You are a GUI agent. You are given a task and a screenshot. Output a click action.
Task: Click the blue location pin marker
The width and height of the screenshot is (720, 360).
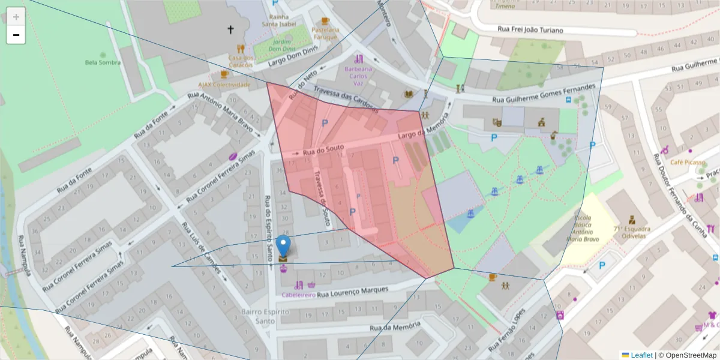283,247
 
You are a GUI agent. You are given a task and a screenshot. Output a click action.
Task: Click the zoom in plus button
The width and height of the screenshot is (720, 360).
16,16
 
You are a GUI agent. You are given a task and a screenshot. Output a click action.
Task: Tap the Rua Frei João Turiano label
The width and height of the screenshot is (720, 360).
530,29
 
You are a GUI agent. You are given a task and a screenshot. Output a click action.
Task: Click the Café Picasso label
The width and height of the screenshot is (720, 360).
686,163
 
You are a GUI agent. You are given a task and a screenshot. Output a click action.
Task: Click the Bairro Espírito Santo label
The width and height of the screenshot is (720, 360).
265,317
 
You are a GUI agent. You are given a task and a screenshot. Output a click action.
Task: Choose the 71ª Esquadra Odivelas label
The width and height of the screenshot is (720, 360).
632,233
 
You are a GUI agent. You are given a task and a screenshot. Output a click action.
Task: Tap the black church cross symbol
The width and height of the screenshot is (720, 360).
230,29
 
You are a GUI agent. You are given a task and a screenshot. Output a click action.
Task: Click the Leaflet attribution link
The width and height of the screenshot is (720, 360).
641,355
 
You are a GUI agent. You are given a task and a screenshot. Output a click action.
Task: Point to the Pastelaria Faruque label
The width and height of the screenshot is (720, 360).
325,33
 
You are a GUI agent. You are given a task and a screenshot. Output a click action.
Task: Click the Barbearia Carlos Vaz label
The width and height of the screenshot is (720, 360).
359,77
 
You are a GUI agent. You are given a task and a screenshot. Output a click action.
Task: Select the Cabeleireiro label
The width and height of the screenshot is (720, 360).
299,295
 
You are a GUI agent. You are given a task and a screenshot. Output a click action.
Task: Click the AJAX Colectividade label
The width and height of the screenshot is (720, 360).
224,85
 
